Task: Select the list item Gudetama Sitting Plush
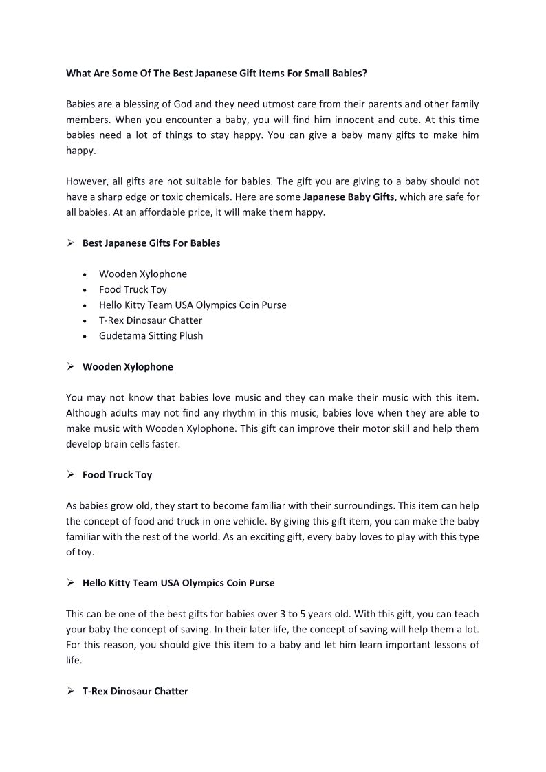point(151,335)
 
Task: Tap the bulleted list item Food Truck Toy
point(133,289)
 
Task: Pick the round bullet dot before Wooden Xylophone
point(84,274)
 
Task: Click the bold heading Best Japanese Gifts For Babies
point(151,243)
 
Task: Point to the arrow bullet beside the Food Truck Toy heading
point(70,474)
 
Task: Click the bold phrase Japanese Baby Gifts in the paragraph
point(349,197)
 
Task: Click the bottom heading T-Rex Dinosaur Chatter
point(135,691)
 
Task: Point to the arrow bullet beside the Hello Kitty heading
point(70,582)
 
